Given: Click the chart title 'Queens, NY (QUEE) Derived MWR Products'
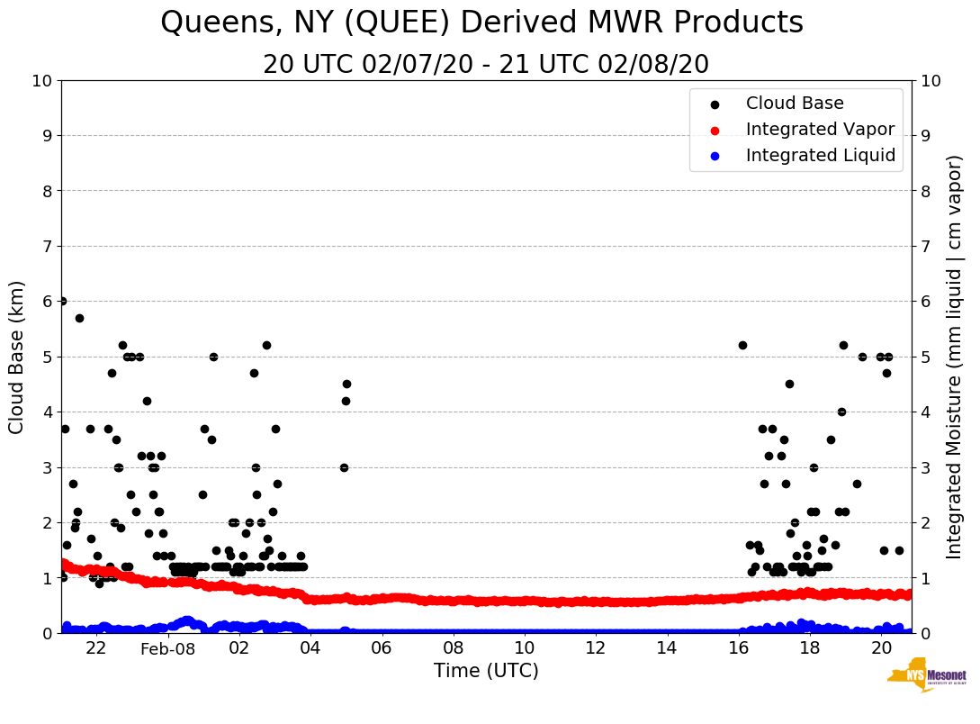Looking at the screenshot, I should click(481, 23).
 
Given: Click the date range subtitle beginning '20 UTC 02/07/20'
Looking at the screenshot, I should click(486, 65).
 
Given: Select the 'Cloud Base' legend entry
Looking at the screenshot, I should click(794, 104).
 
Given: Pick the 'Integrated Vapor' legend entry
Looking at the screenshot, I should click(820, 130).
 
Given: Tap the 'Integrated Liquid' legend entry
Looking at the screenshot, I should click(820, 156).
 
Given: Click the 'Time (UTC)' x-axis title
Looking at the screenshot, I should click(486, 671).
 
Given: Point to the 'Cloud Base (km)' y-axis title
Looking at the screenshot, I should click(17, 357).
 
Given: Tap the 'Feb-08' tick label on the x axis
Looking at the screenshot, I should click(168, 648).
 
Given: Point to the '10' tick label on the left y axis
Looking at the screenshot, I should click(41, 81).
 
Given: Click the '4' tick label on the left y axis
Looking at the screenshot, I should click(47, 412).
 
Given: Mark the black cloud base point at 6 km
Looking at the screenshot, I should click(62, 302).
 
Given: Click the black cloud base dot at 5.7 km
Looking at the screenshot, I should click(79, 318).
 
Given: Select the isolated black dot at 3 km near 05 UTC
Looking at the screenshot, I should click(344, 467).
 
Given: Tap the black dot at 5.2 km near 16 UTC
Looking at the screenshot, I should click(742, 345).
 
